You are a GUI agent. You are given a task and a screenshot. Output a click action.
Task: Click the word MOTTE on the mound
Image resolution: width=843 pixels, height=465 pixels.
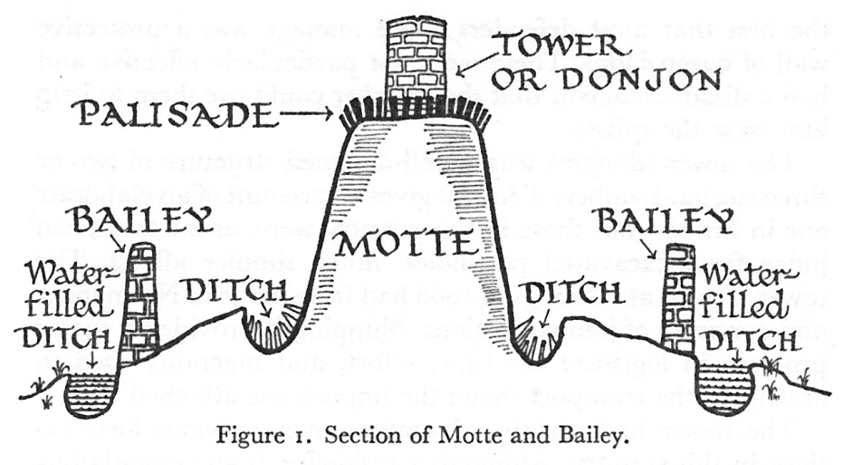pyautogui.click(x=406, y=244)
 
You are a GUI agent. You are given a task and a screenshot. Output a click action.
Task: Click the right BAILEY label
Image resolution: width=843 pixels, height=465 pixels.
pyautogui.click(x=667, y=220)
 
